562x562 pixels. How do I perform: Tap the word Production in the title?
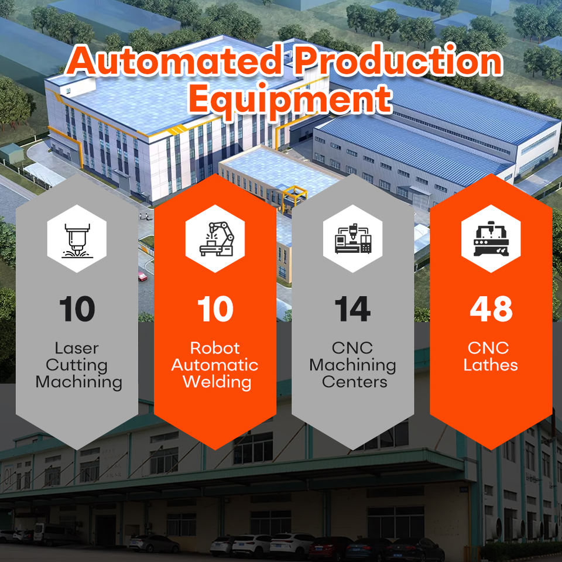(399, 61)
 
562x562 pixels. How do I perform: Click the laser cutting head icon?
(77, 240)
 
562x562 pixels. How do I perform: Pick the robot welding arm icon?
(216, 239)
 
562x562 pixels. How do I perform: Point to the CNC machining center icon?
(353, 239)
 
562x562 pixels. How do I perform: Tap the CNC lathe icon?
(491, 239)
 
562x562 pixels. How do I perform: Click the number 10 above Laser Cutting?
(77, 309)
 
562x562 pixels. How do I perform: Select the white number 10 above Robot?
(215, 309)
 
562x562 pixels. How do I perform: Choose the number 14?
(352, 309)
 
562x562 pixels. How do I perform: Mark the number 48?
(491, 309)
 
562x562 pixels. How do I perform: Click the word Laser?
(77, 348)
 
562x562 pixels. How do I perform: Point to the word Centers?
(355, 382)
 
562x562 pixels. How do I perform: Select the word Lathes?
(491, 365)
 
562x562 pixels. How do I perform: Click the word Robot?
(215, 348)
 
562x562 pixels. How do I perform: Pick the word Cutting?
(77, 365)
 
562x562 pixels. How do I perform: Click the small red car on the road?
(143, 276)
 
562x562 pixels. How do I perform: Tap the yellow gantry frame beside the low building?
(294, 197)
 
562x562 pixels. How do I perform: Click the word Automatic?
(215, 365)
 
